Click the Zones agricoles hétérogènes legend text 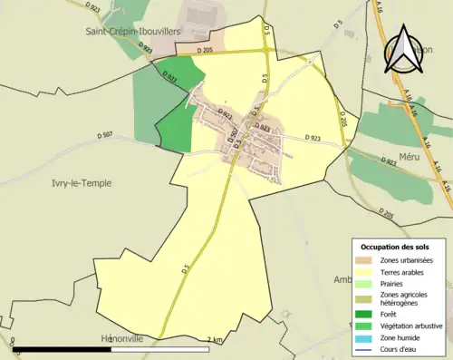pyautogui.click(x=405, y=298)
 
